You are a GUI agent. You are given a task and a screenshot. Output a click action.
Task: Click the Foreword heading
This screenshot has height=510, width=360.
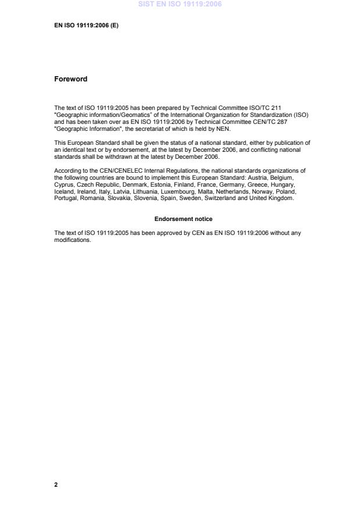(70, 79)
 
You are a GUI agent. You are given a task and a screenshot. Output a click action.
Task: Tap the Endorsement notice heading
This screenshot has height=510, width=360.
(183, 219)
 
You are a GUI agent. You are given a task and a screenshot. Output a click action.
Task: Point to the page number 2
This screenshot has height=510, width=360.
(56, 484)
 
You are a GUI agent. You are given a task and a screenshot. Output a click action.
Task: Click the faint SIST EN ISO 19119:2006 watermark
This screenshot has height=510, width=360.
(180, 4)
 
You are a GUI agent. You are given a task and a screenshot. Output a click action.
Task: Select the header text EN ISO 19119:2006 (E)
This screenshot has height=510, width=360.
(86, 26)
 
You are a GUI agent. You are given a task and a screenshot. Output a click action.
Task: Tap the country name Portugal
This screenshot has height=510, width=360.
(65, 199)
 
